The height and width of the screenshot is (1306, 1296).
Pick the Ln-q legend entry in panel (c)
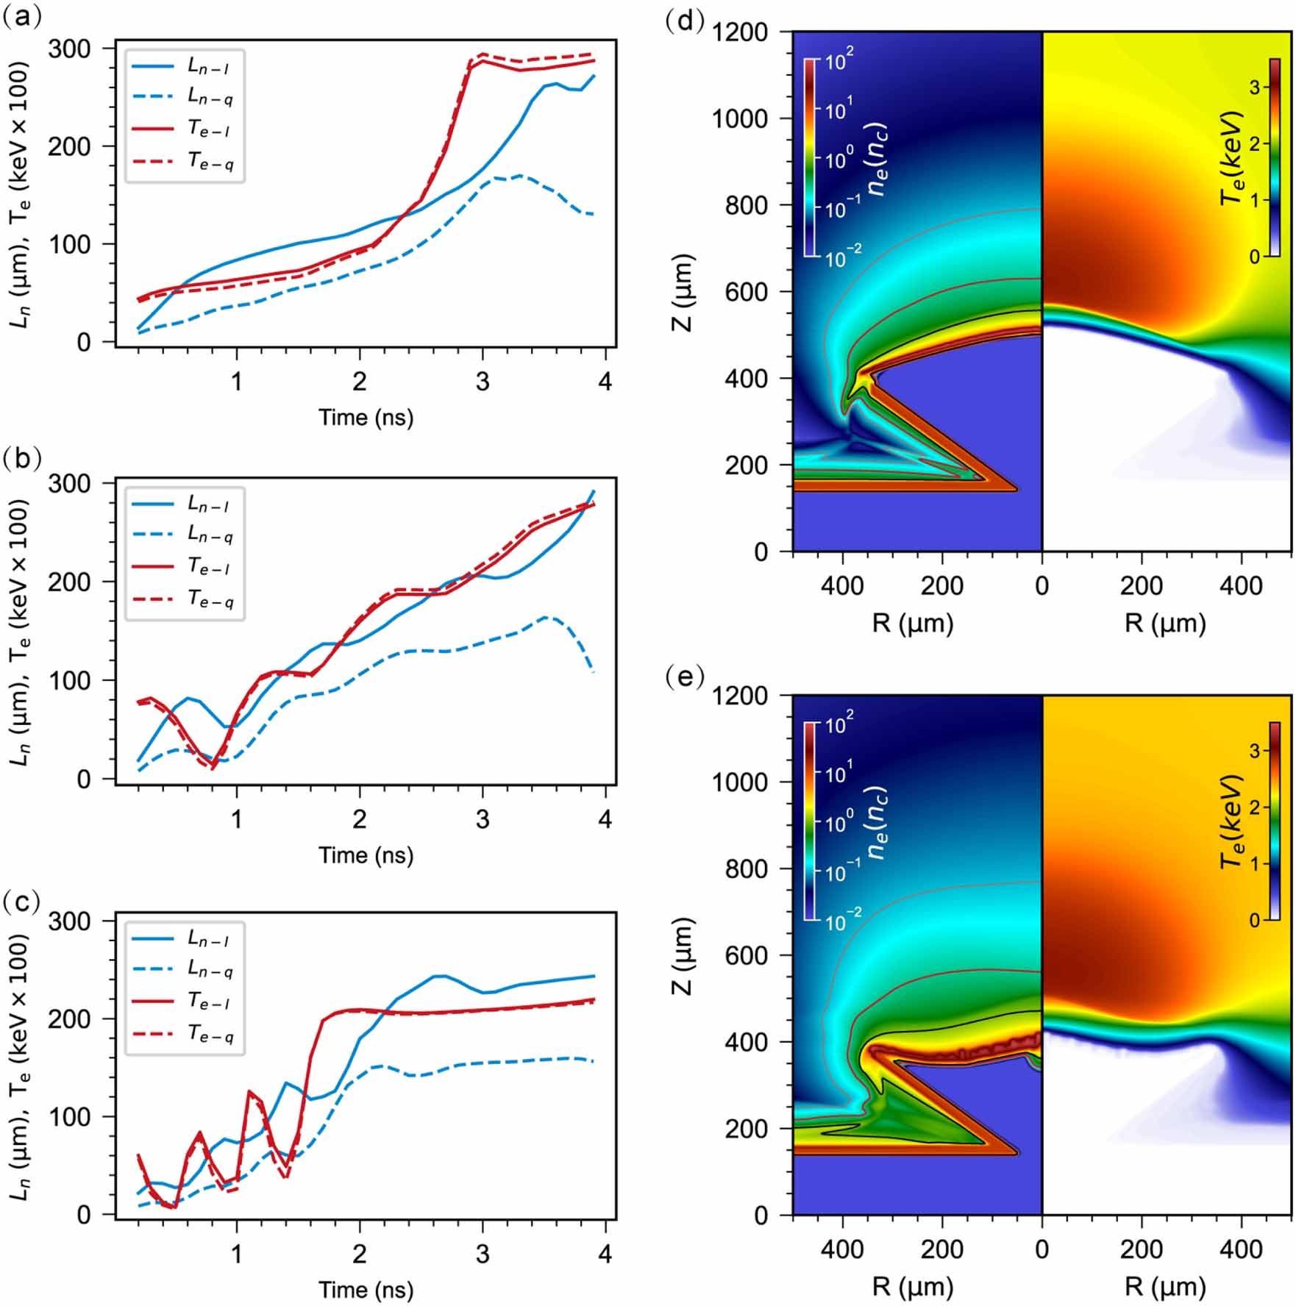tap(210, 970)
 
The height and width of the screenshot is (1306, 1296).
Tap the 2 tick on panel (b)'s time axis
tap(359, 818)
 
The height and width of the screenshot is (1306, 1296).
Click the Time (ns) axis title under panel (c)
tap(366, 1289)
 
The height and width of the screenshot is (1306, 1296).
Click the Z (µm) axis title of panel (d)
tap(683, 292)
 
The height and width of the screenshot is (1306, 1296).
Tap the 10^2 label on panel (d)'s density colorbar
tap(838, 60)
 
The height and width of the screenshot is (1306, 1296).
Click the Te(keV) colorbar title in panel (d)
tap(1231, 158)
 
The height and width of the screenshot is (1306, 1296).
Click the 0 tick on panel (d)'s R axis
tap(1042, 585)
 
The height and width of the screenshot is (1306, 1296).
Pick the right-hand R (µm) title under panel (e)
tap(1165, 1285)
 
